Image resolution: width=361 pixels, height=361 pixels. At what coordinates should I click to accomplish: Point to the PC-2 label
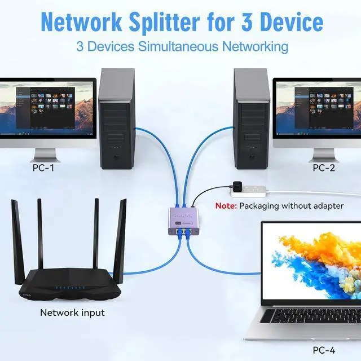[323, 168]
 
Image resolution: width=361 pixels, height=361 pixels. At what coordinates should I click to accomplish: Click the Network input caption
[72, 312]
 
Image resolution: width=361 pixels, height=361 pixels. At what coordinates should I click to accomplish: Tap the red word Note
[226, 206]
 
